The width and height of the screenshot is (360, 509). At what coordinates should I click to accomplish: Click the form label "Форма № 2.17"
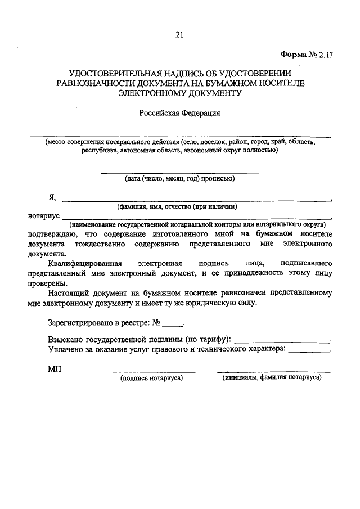tap(306, 55)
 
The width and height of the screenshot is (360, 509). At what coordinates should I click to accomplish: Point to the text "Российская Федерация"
tap(179, 113)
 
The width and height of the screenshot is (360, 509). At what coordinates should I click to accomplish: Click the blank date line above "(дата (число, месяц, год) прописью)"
tap(179, 172)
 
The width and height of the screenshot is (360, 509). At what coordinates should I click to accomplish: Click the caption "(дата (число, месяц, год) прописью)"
tap(179, 179)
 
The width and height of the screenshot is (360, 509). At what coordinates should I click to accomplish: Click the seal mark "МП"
tap(55, 369)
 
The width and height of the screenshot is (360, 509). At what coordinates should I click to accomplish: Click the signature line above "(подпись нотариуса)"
tap(153, 372)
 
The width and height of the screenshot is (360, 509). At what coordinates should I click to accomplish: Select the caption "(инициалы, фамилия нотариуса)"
tap(272, 379)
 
